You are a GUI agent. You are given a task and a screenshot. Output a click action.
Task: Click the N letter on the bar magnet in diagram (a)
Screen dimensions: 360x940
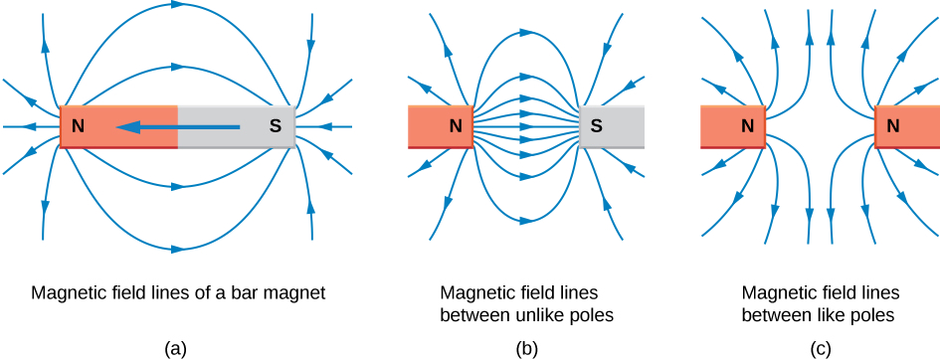77,127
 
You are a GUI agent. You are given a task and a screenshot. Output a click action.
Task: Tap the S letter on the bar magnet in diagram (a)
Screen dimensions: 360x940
276,127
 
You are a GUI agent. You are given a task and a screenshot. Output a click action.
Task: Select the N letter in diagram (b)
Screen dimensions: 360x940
455,126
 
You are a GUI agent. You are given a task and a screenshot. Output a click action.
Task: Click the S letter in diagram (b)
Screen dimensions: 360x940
596,126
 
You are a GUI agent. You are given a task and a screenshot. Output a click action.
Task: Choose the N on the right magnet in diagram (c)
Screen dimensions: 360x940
892,126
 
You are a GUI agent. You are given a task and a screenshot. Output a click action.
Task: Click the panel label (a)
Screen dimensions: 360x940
176,347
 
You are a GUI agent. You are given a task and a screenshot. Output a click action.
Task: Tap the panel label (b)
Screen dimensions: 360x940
525,347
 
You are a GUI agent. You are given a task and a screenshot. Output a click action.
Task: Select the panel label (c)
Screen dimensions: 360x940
820,347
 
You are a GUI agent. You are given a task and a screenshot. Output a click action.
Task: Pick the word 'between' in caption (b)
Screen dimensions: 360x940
471,315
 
